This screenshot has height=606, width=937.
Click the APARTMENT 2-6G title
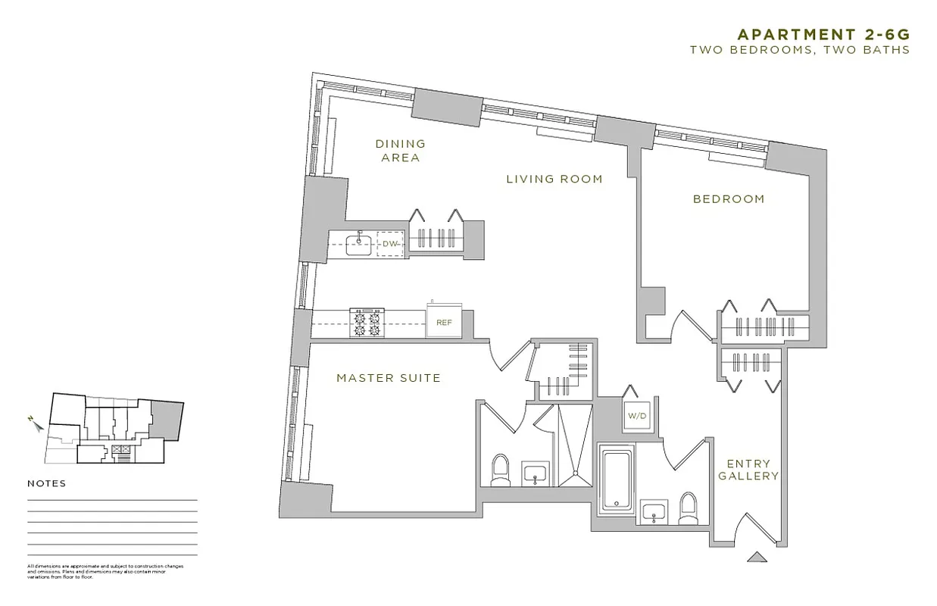[x=823, y=34]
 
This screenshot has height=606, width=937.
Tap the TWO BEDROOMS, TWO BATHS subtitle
[x=799, y=49]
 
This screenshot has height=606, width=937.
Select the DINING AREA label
[x=401, y=151]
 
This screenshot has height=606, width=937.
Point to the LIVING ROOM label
[x=554, y=180]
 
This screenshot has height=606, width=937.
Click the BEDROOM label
[x=729, y=199]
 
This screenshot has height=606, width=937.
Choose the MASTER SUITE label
[x=389, y=378]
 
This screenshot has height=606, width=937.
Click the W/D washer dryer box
[x=635, y=416]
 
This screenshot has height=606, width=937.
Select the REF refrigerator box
[x=444, y=322]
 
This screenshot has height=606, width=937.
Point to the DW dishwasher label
[x=390, y=244]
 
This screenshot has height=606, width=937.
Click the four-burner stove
[x=369, y=323]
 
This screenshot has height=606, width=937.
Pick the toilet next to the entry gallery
[x=689, y=508]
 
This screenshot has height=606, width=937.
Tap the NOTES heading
[x=47, y=484]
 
